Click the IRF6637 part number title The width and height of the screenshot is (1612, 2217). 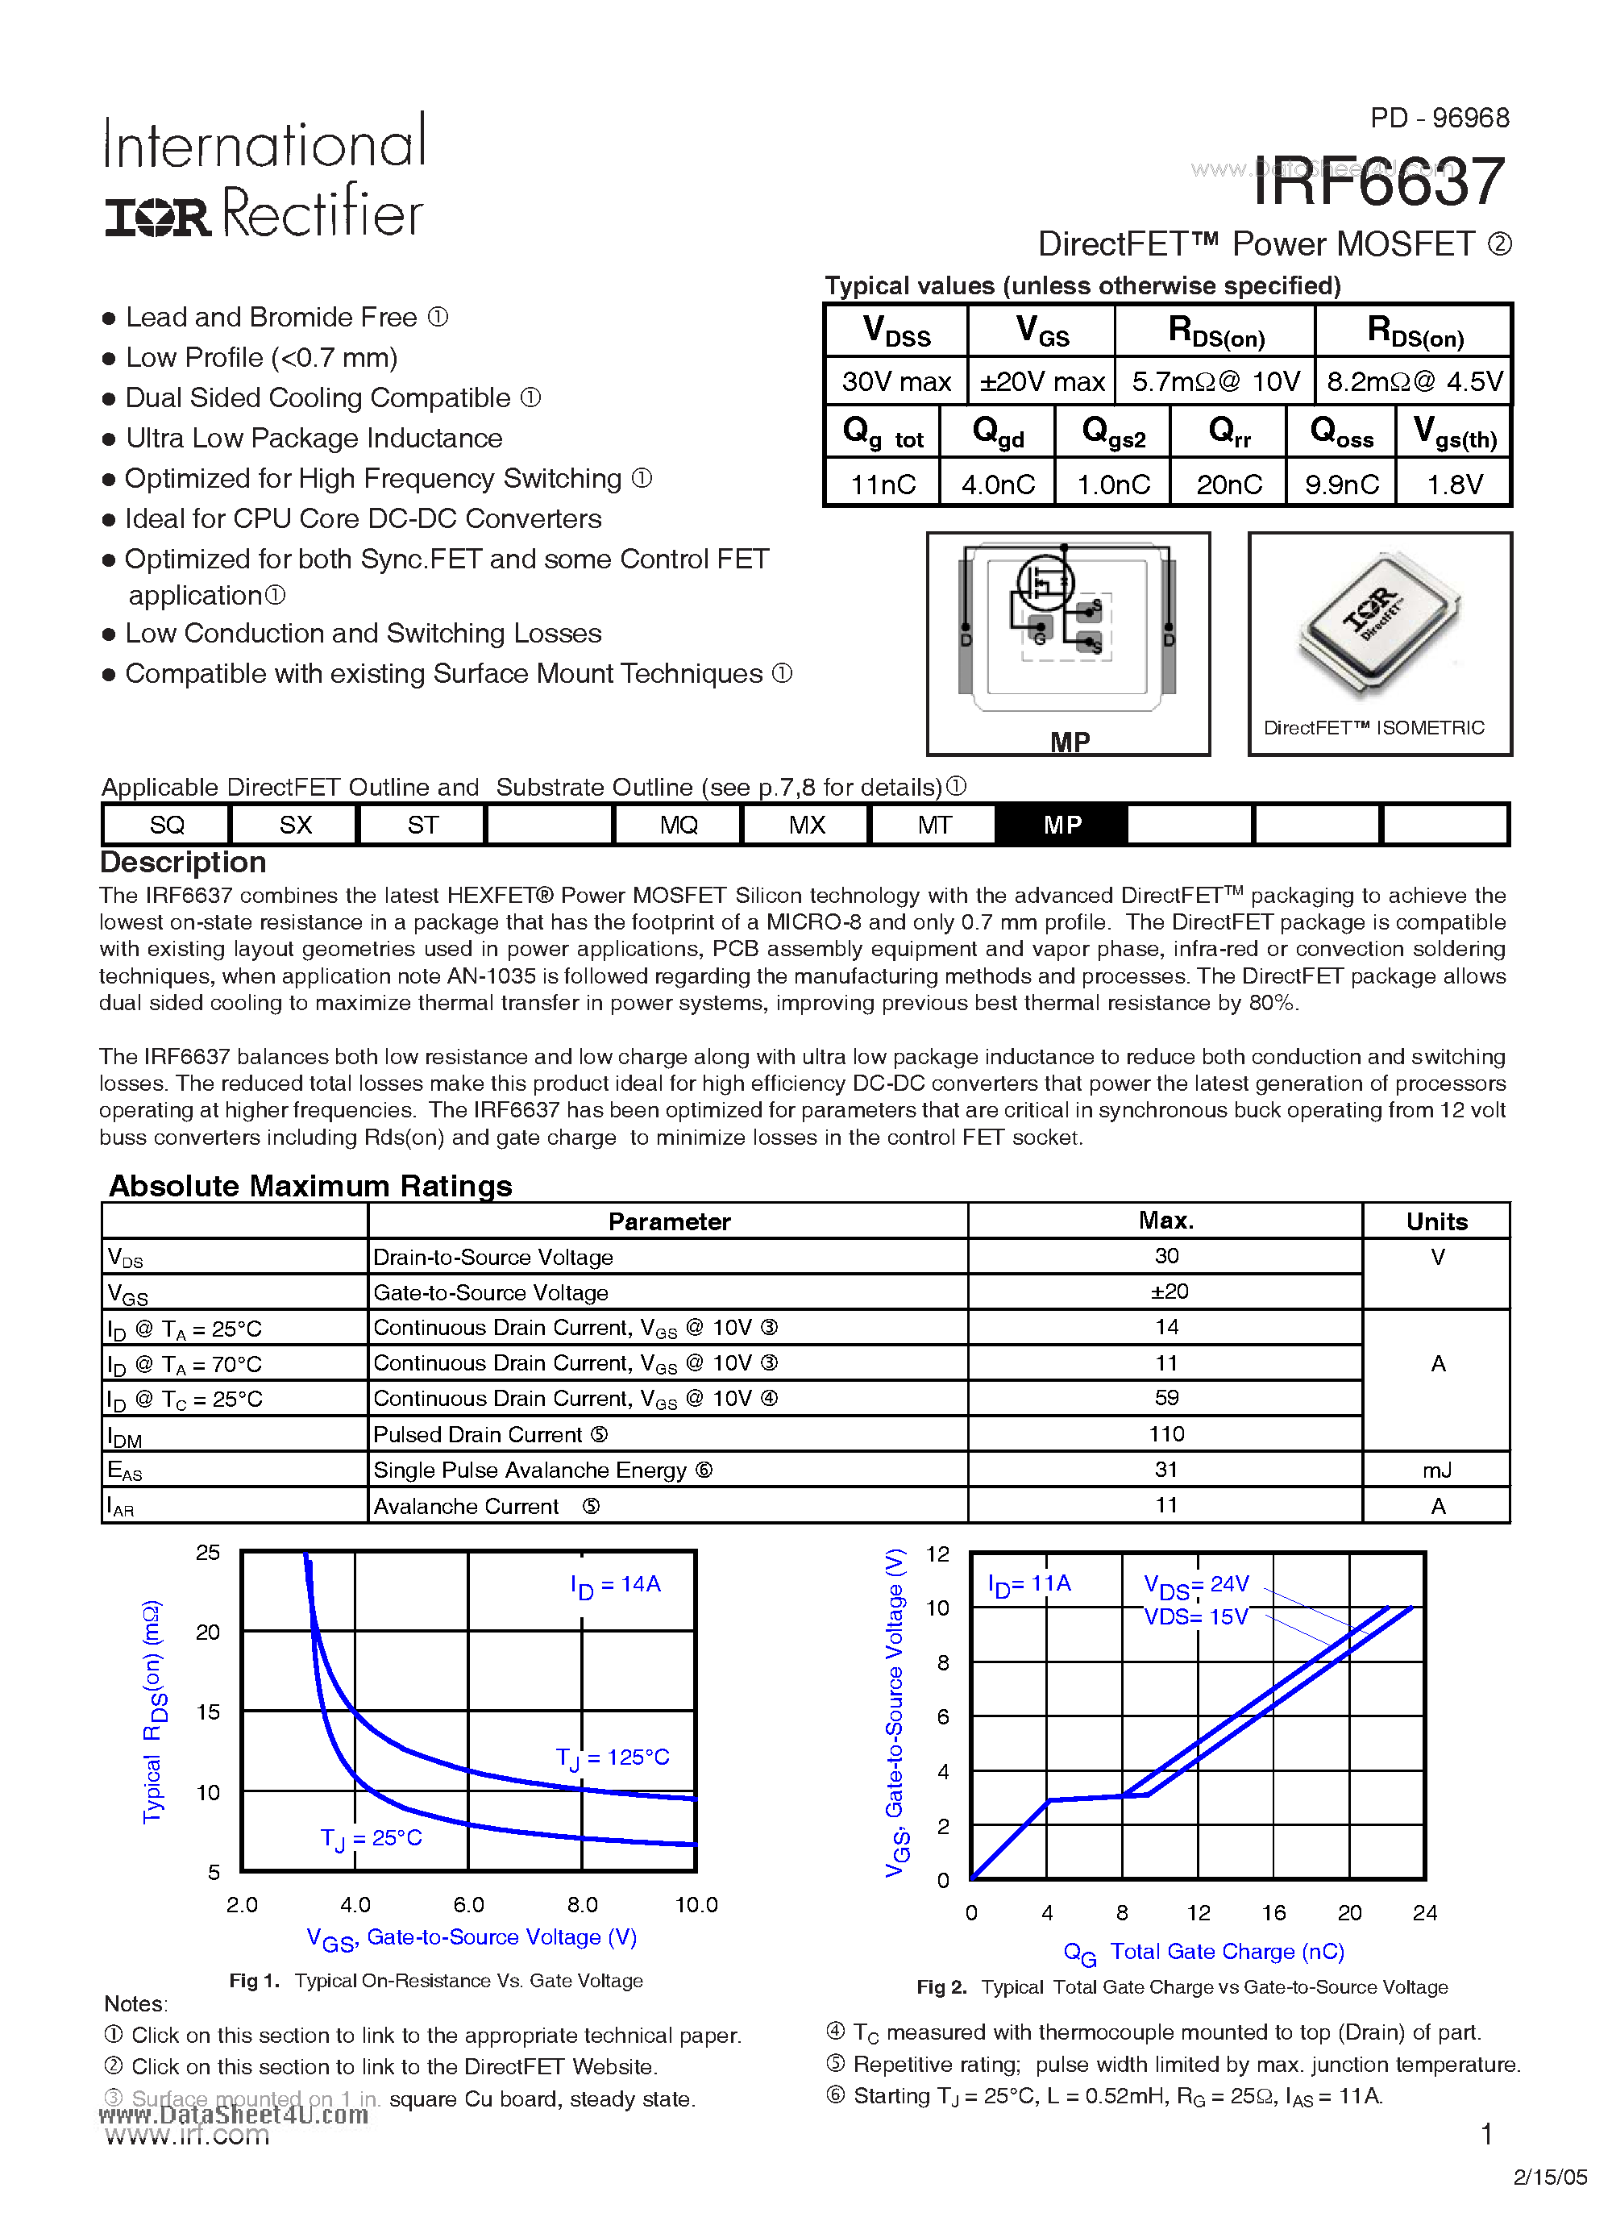pos(1378,183)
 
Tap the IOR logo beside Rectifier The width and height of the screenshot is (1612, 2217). pos(157,217)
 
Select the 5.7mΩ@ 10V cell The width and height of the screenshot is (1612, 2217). pos(1215,381)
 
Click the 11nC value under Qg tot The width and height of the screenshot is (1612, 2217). pos(883,484)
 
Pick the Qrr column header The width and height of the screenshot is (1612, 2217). pos(1229,431)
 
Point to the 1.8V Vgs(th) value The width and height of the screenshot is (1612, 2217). pos(1455,484)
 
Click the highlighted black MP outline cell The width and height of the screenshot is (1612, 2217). pos(1062,825)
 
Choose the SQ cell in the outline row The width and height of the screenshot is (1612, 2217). pos(166,825)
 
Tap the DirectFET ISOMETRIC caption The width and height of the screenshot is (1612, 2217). pos(1373,727)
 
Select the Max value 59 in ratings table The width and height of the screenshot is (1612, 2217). pos(1166,1398)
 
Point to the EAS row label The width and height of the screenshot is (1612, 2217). pos(125,1470)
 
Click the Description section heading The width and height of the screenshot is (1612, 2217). pos(183,862)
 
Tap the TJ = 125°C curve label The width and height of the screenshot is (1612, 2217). pos(613,1757)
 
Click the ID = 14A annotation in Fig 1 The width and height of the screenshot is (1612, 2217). pos(616,1584)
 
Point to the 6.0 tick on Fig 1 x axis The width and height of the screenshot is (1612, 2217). pos(468,1904)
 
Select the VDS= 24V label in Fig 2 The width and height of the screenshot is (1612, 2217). pos(1197,1584)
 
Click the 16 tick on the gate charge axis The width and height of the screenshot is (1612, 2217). pos(1273,1913)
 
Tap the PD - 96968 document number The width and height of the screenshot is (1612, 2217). pos(1439,119)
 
